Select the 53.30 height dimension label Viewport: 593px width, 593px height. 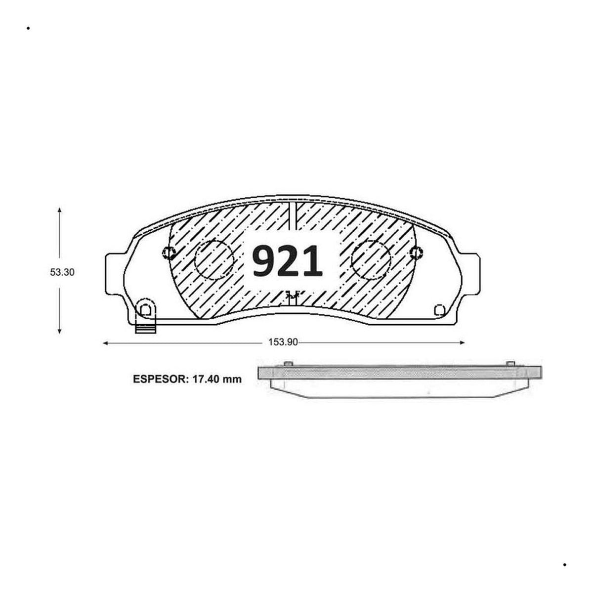point(62,272)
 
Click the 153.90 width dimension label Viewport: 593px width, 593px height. point(283,342)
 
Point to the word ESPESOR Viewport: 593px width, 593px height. point(159,380)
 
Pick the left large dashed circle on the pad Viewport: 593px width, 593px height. point(214,260)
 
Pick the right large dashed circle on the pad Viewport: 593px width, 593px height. point(371,260)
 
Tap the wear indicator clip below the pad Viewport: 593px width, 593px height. point(146,329)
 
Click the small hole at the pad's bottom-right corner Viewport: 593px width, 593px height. point(439,310)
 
